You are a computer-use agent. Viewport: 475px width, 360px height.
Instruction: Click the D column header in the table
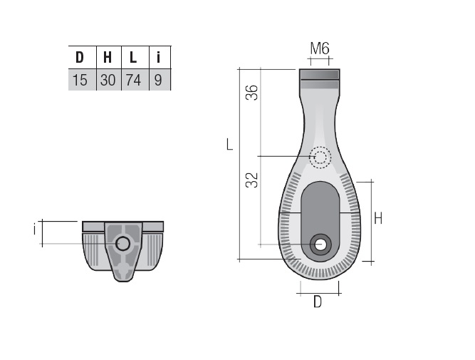pyautogui.click(x=79, y=57)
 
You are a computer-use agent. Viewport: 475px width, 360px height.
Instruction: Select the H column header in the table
pyautogui.click(x=108, y=57)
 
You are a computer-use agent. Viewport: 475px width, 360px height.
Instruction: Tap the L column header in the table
pyautogui.click(x=133, y=57)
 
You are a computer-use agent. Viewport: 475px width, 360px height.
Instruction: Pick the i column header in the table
pyautogui.click(x=158, y=57)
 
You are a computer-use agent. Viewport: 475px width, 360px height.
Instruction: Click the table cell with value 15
pyautogui.click(x=80, y=80)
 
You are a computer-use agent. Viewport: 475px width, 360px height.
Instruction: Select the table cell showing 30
pyautogui.click(x=108, y=80)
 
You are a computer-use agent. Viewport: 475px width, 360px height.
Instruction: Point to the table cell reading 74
pyautogui.click(x=133, y=80)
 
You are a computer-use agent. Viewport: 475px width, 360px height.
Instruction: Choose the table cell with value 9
pyautogui.click(x=158, y=80)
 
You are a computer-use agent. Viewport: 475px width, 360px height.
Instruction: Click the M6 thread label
pyautogui.click(x=320, y=48)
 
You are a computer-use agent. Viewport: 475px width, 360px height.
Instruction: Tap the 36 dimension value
pyautogui.click(x=251, y=93)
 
